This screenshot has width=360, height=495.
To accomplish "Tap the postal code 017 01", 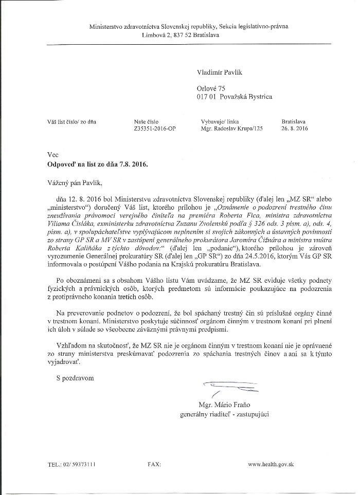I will [206, 97].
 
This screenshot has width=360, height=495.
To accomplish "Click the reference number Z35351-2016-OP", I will [154, 130].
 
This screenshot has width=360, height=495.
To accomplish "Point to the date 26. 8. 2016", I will [295, 130].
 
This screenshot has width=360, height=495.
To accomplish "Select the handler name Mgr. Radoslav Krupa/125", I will [232, 130].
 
